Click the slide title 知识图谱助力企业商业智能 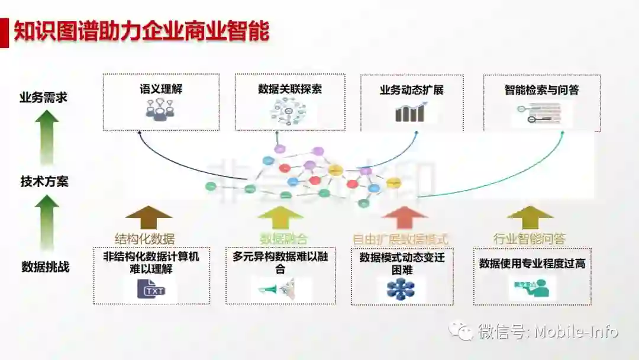point(141,31)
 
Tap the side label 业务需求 point(43,98)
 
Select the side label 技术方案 point(44,181)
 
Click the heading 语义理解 point(160,91)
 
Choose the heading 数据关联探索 point(290,89)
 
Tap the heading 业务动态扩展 point(411,91)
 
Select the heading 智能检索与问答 point(541,90)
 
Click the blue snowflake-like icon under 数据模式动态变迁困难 point(401,289)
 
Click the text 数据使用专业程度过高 point(532,263)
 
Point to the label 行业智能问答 point(530,239)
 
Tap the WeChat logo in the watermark point(461,330)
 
